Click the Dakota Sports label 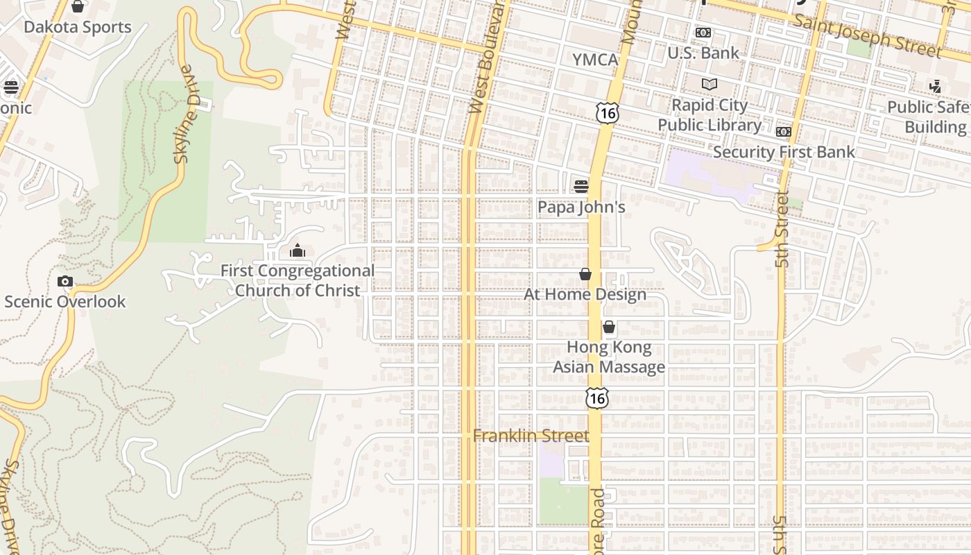click(78, 27)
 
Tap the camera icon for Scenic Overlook click(65, 281)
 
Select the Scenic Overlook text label click(65, 302)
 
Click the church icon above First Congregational click(298, 250)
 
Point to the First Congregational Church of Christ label click(298, 280)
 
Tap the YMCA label click(595, 60)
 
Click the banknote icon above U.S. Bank click(703, 33)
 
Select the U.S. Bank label click(703, 53)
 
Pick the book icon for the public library click(709, 85)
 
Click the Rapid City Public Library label click(710, 115)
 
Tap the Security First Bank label click(784, 152)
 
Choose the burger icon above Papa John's click(581, 186)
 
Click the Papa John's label click(581, 207)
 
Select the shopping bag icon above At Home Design click(585, 274)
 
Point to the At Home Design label click(585, 294)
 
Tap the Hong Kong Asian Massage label click(609, 357)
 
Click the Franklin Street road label click(531, 436)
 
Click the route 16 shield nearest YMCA click(607, 113)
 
